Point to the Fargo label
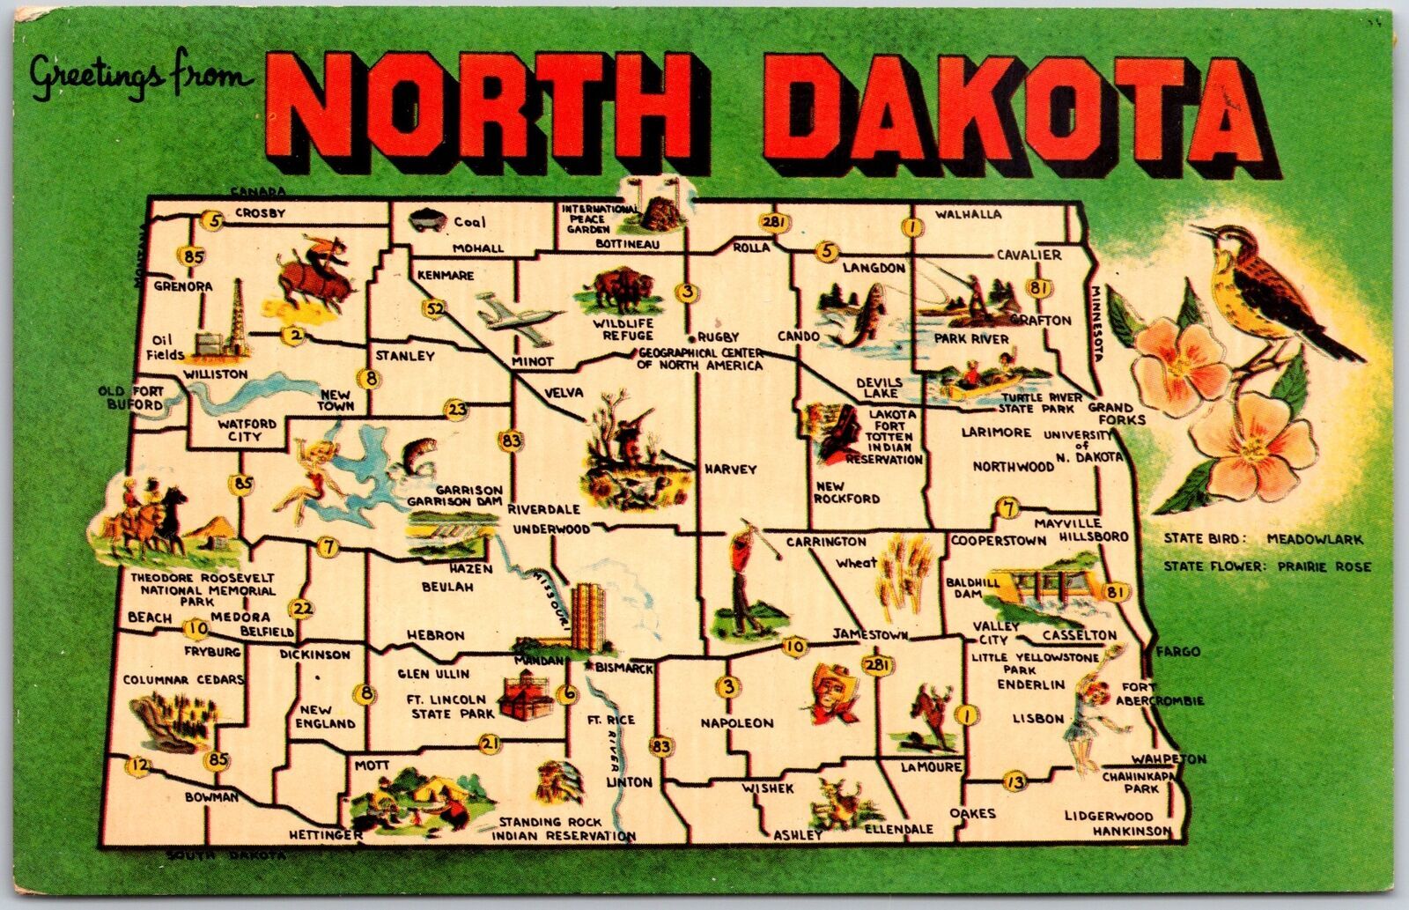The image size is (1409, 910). click(x=1179, y=652)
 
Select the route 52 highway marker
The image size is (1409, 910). click(x=433, y=308)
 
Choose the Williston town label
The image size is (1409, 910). click(x=216, y=374)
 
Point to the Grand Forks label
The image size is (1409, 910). click(x=1116, y=414)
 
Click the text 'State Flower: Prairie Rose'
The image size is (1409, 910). click(x=1266, y=566)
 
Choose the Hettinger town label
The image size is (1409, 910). click(x=324, y=834)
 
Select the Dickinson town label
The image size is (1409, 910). click(x=314, y=655)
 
